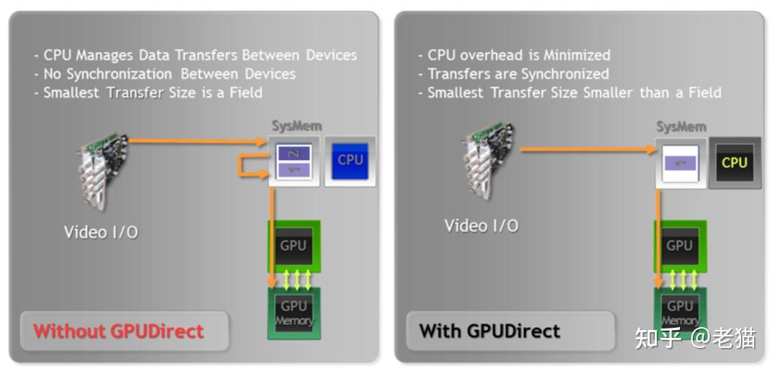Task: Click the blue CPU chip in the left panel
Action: pos(350,160)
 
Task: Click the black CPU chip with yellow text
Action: pos(735,163)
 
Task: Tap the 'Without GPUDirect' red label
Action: pos(119,331)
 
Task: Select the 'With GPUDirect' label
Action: pos(490,331)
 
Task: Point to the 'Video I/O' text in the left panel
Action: pos(101,232)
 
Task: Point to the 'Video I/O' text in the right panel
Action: pos(481,225)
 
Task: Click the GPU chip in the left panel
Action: pos(294,246)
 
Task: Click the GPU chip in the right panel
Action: pos(679,246)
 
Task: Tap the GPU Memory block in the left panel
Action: pos(294,313)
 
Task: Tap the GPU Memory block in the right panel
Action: pos(679,313)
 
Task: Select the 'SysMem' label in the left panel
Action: pos(296,127)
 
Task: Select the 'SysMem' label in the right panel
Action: pos(681,127)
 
